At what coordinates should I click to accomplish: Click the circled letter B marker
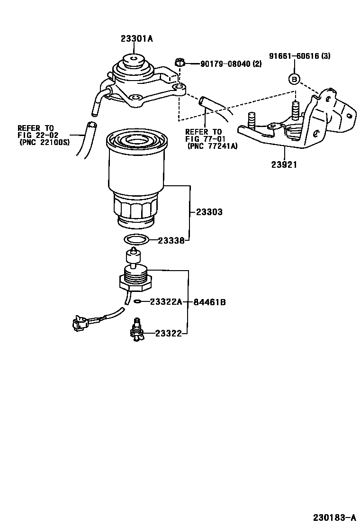pyautogui.click(x=294, y=79)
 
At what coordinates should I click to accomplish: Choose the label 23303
pyautogui.click(x=209, y=213)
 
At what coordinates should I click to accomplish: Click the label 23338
pyautogui.click(x=171, y=240)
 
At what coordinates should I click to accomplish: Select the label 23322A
pyautogui.click(x=166, y=302)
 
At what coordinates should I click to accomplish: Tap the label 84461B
pyautogui.click(x=209, y=302)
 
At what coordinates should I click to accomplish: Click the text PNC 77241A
pyautogui.click(x=213, y=146)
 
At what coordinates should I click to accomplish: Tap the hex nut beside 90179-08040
pyautogui.click(x=179, y=62)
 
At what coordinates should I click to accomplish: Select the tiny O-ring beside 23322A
pyautogui.click(x=137, y=301)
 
